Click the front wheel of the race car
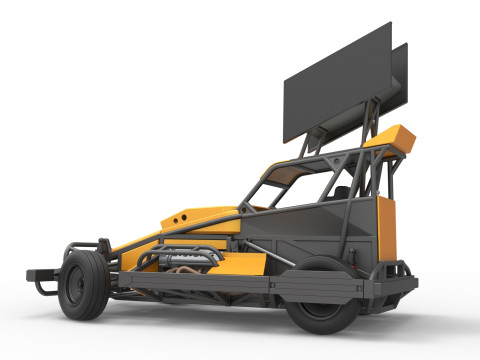pyautogui.click(x=83, y=284)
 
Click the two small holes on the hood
pyautogui.click(x=181, y=214)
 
